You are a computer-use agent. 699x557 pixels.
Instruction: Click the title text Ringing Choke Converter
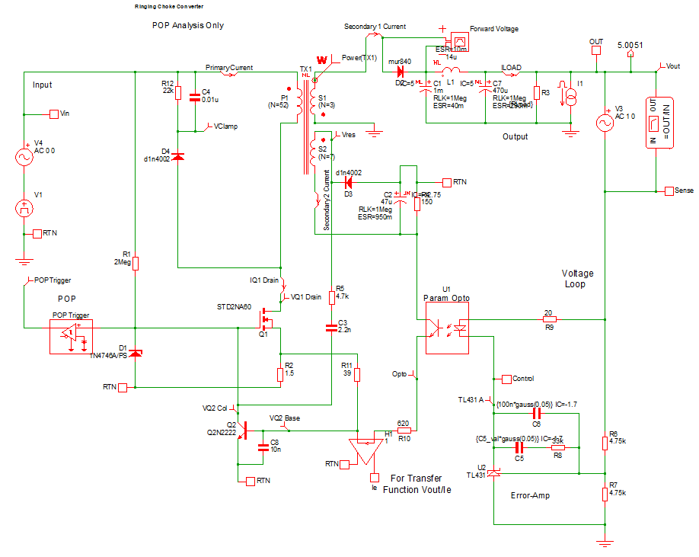tap(168, 5)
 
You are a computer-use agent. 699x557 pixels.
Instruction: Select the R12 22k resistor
tap(177, 94)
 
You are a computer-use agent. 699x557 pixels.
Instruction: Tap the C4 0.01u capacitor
tap(195, 97)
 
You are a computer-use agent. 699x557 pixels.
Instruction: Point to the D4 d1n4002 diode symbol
tap(178, 156)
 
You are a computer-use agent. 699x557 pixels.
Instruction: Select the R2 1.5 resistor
tap(280, 373)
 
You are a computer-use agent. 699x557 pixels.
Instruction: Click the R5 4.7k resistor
tap(330, 296)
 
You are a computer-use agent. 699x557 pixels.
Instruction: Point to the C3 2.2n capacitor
tap(330, 328)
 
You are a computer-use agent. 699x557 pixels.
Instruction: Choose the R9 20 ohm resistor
tap(547, 320)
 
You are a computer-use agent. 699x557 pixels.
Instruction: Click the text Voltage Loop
tap(576, 278)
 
